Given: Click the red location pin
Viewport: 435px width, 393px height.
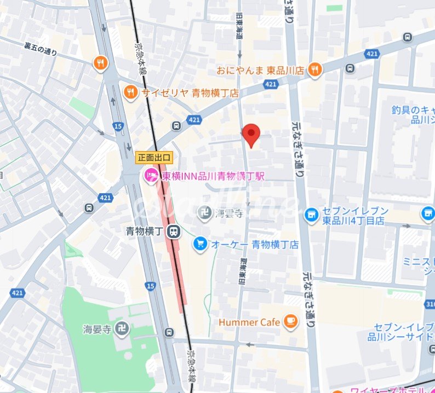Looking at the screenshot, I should point(251,134).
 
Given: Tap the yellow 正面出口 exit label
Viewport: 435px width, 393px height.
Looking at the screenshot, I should point(155,158).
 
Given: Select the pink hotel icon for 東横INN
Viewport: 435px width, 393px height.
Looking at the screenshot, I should point(150,176).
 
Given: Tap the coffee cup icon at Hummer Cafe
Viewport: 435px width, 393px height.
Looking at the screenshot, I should point(290,322).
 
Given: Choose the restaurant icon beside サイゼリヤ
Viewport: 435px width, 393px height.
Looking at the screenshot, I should point(130,93).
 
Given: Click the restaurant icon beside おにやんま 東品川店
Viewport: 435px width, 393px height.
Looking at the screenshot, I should point(314,70).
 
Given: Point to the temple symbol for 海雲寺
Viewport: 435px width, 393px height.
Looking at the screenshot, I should point(205,211).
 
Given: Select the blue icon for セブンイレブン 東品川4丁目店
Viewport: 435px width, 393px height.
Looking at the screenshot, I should point(311,215).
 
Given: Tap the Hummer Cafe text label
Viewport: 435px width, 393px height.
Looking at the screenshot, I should point(249,322).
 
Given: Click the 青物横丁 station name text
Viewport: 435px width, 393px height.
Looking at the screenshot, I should point(145,231).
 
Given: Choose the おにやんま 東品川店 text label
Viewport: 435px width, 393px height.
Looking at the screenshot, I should point(260,70).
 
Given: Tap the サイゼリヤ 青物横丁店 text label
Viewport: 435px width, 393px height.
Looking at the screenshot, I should point(190,93).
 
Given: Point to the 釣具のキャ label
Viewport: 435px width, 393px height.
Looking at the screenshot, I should point(413,109).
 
